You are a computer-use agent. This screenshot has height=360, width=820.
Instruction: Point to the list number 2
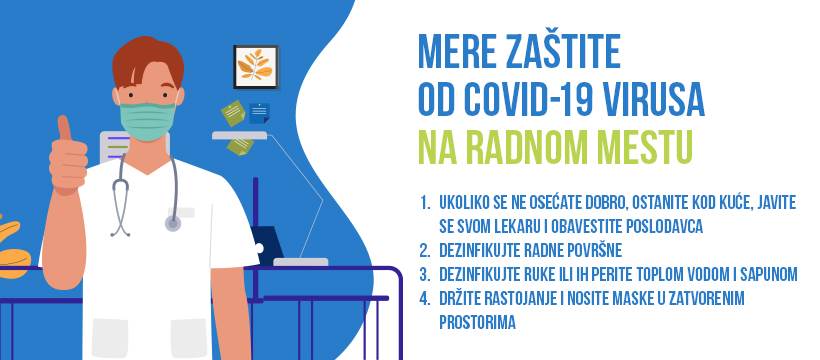(426, 250)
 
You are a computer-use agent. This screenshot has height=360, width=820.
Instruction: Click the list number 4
(426, 298)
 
